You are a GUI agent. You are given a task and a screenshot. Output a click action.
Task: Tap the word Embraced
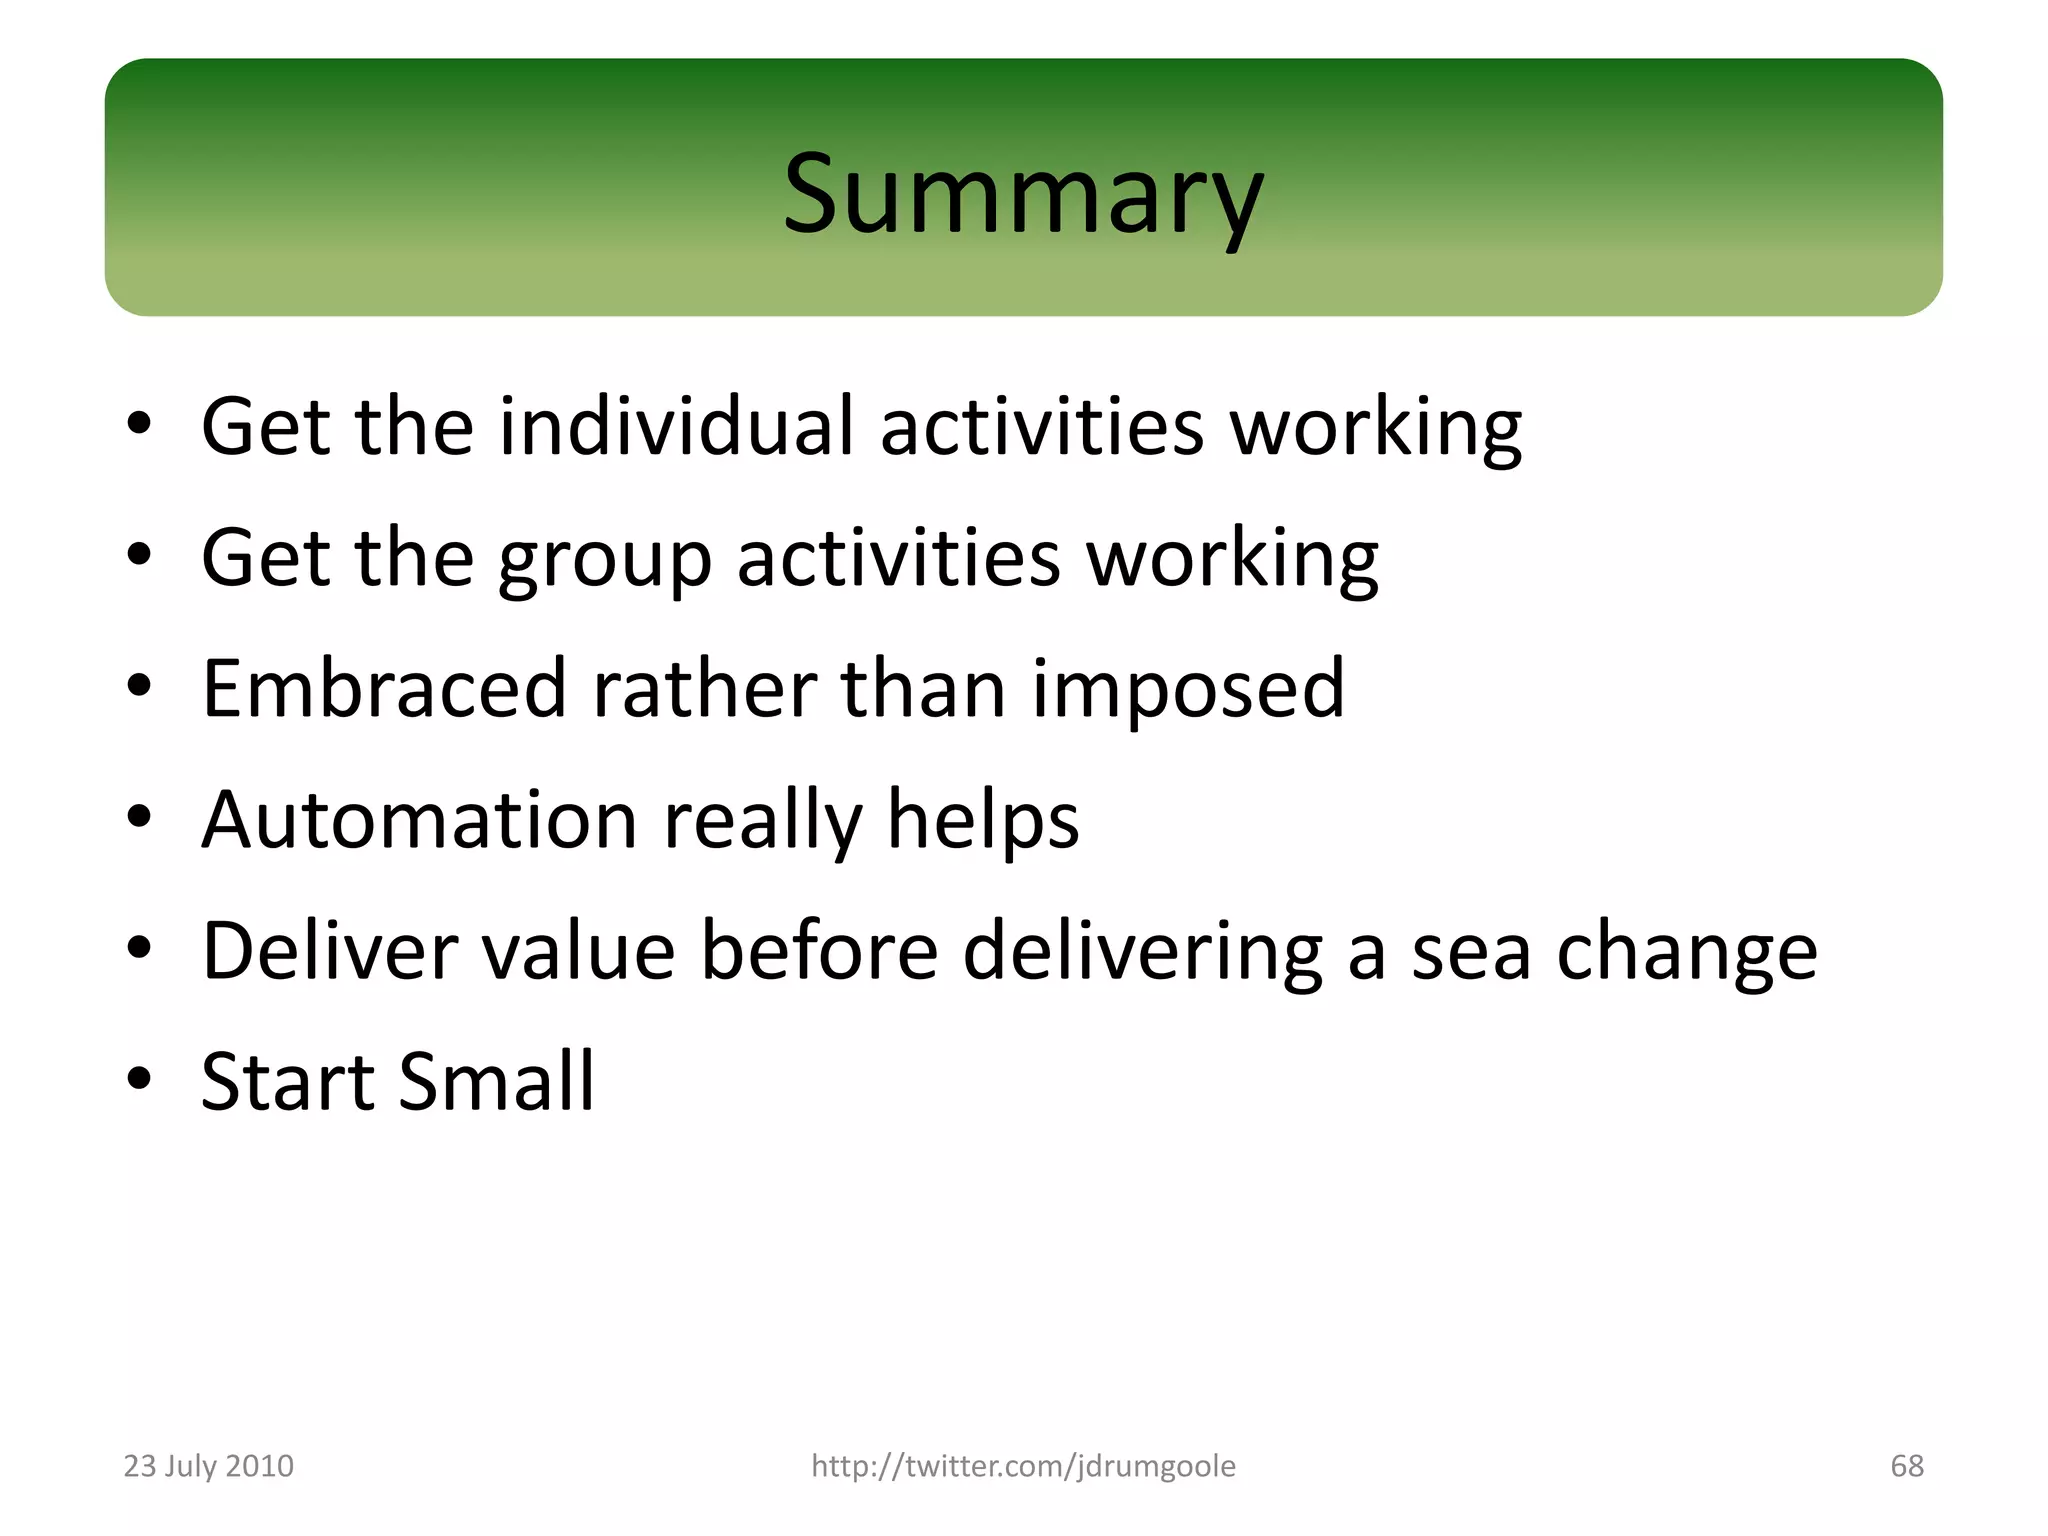coord(384,688)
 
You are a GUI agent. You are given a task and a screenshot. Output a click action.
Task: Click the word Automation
coord(419,820)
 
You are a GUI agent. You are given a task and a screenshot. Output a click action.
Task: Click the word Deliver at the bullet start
coord(329,950)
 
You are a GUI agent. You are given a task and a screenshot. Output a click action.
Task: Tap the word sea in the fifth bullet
coord(1471,952)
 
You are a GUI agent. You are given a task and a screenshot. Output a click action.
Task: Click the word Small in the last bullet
coord(497,1082)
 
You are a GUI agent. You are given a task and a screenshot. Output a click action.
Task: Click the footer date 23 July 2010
coord(208,1466)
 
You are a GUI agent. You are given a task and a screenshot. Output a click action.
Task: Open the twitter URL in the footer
coord(1023,1466)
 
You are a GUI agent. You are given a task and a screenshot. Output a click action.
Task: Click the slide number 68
coord(1907,1466)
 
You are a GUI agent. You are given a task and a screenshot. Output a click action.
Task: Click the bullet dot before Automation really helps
coord(139,817)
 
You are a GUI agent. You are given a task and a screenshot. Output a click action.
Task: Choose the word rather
coord(704,688)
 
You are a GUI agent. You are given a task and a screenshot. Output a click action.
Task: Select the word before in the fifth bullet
coord(819,950)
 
